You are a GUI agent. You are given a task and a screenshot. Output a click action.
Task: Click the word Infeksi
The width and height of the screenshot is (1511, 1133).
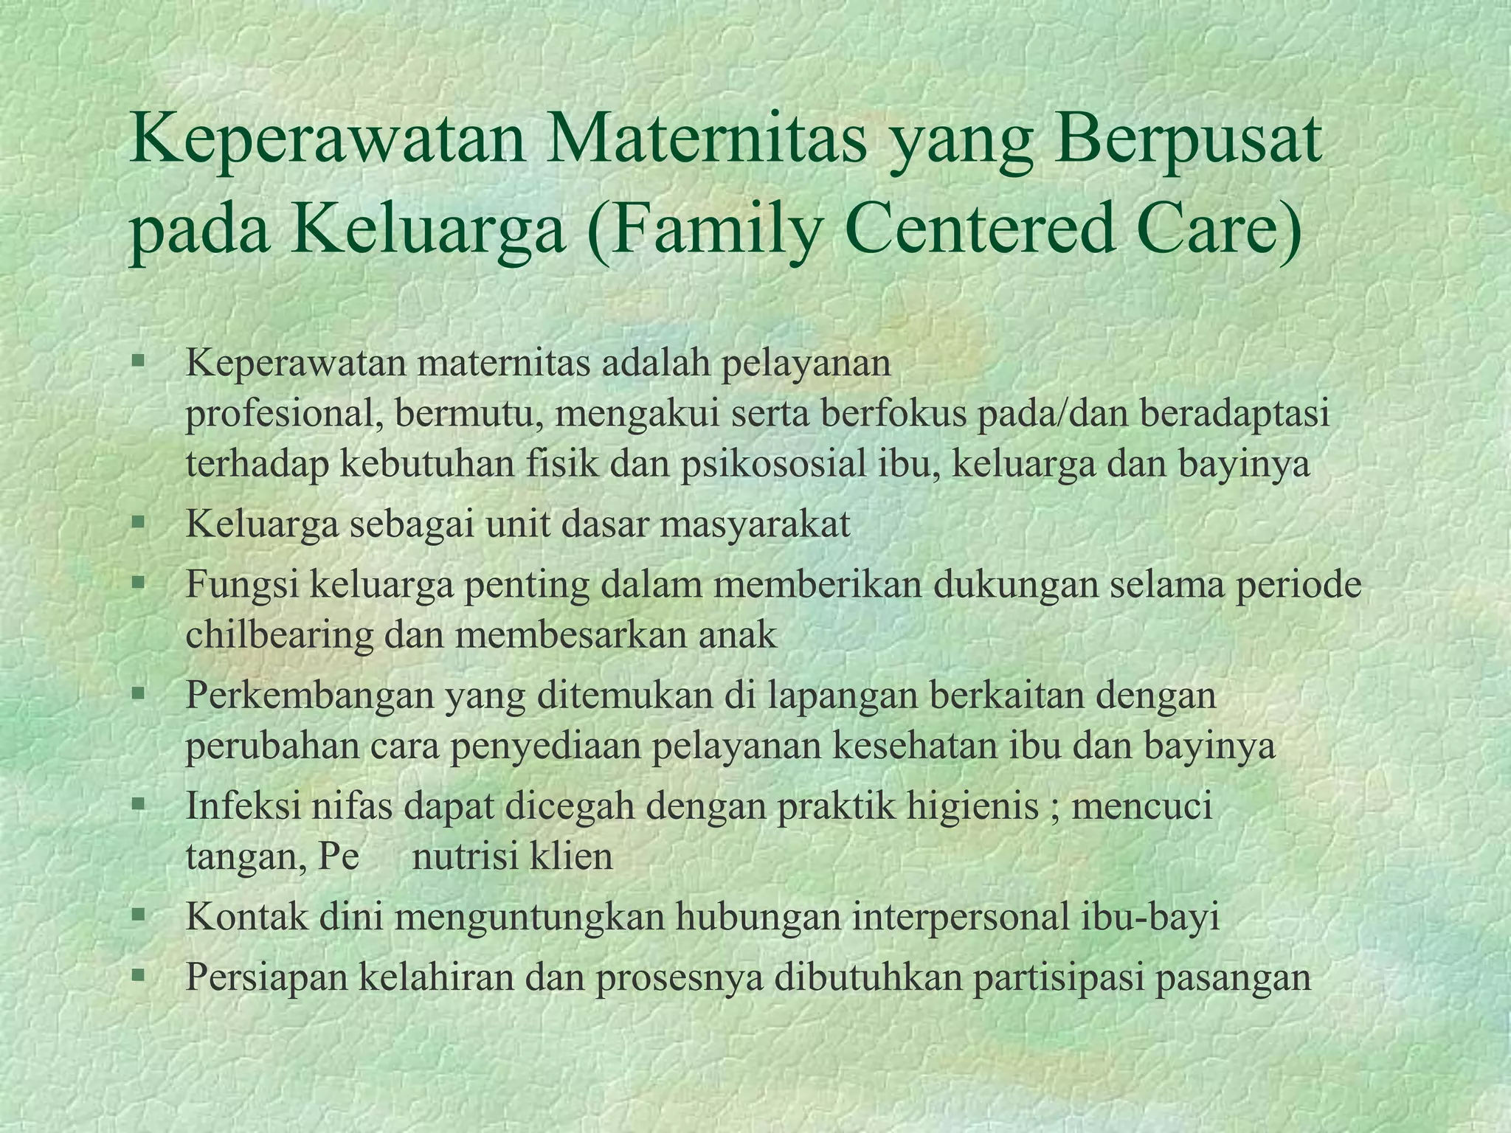point(243,806)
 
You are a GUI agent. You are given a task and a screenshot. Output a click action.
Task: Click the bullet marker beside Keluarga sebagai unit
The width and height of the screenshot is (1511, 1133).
point(137,524)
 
